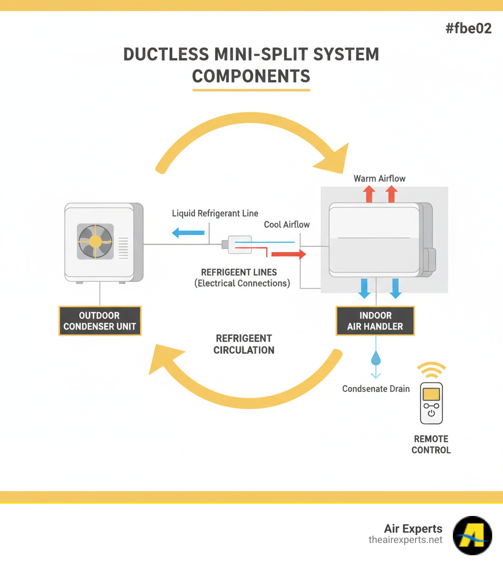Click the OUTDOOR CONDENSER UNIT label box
tap(100, 321)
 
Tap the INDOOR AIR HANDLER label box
tap(375, 321)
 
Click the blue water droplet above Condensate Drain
tap(376, 359)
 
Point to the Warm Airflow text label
tap(380, 179)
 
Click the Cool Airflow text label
tap(287, 224)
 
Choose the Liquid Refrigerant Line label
tap(215, 213)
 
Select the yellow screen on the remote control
tap(431, 393)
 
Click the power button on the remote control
tap(431, 413)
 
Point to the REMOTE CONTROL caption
tap(431, 444)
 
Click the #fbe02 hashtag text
tap(468, 28)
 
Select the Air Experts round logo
tap(472, 535)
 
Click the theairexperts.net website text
tap(405, 540)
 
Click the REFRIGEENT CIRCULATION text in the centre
tap(244, 344)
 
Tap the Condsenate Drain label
tap(376, 389)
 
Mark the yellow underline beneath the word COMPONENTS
tap(251, 90)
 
